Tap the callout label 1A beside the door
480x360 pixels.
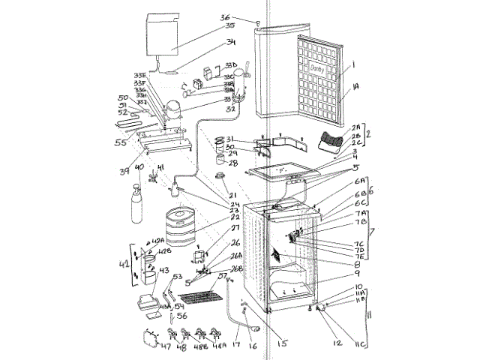[x=355, y=88]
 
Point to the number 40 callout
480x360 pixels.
[x=139, y=167]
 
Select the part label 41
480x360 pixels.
[x=160, y=168]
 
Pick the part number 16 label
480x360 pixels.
[x=253, y=347]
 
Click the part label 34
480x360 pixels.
[x=231, y=42]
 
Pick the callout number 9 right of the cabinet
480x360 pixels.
[x=358, y=273]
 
